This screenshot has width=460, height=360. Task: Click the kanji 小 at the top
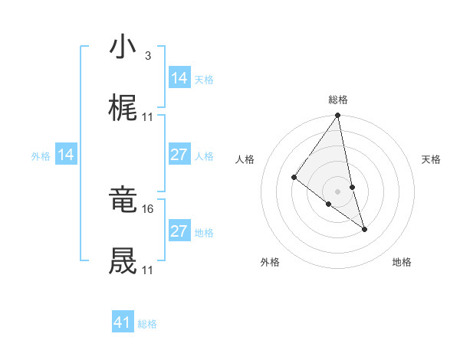[x=123, y=47]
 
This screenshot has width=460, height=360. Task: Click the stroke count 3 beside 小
[x=147, y=56]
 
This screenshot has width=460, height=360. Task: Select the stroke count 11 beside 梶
[x=148, y=116]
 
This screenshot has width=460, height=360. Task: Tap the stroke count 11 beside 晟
[x=148, y=270]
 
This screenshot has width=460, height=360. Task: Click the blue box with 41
[x=123, y=322]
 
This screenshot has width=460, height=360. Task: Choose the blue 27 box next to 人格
[x=179, y=155]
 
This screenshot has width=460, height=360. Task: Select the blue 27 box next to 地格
[x=179, y=231]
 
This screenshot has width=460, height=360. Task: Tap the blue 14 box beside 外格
[x=67, y=155]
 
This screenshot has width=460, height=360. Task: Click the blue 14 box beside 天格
[x=179, y=78]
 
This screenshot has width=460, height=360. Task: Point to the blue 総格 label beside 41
[x=147, y=324]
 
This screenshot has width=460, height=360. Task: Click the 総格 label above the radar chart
[x=338, y=100]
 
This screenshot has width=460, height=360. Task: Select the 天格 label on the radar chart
[x=431, y=159]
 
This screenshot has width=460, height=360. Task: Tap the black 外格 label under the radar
[x=270, y=262]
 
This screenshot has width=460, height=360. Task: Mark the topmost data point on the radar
[x=338, y=116]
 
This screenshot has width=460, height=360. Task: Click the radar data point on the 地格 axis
[x=365, y=228]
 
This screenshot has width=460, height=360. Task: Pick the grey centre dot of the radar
[x=338, y=191]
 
